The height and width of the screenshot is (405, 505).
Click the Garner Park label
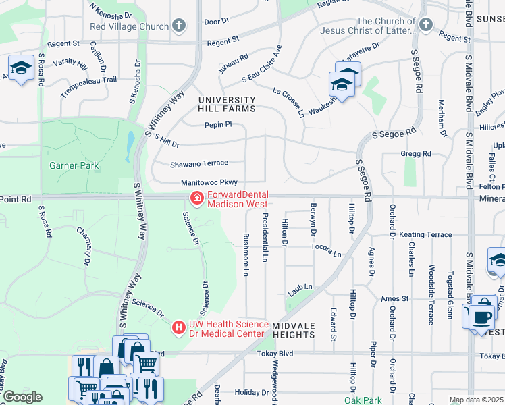tap(74, 165)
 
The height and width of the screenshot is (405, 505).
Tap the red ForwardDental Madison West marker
tap(196, 198)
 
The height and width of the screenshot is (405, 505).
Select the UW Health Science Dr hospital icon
tap(179, 327)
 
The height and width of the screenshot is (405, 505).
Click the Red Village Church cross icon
tap(179, 26)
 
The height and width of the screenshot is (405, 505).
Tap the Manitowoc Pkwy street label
tap(209, 183)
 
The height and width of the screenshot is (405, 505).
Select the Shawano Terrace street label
tap(198, 163)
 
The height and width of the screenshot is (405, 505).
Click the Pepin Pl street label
tap(218, 124)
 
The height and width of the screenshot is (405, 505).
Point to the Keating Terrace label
tap(425, 234)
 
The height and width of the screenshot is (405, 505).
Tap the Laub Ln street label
tap(300, 288)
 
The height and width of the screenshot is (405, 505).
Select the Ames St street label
tap(395, 298)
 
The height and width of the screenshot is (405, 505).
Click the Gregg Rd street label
tap(416, 154)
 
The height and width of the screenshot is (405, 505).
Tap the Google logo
tap(22, 397)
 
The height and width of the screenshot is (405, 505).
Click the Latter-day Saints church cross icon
tap(425, 25)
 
